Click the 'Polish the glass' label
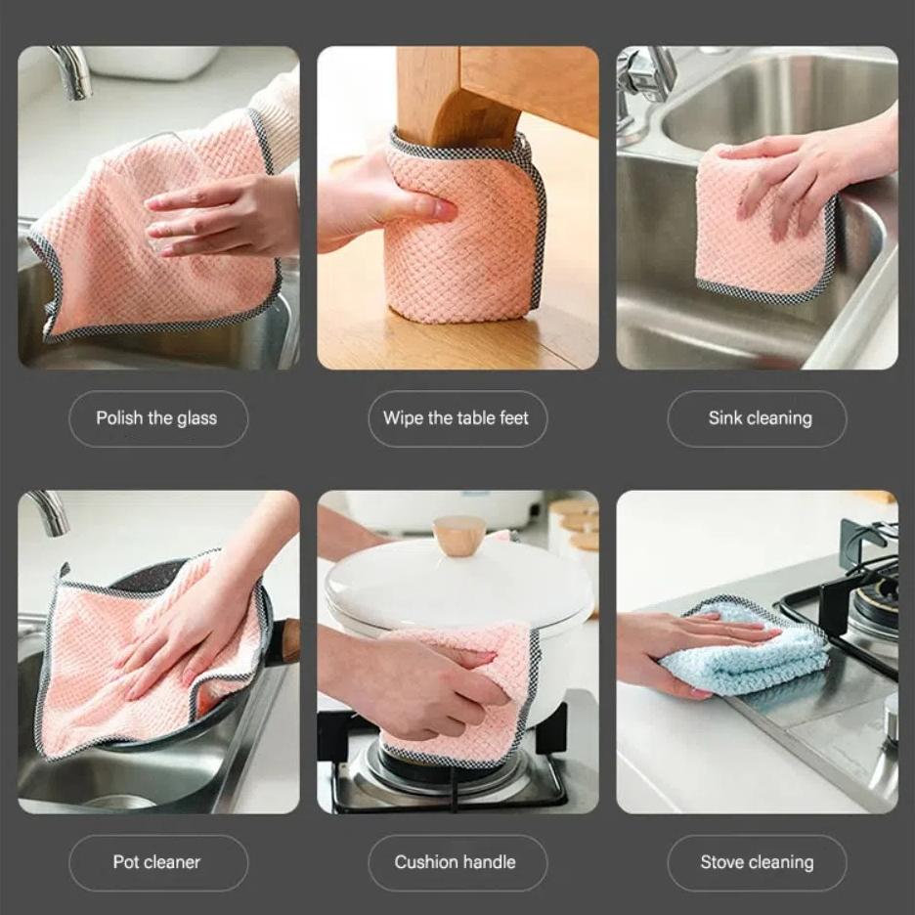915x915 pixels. click(157, 418)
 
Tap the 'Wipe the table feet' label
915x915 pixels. click(457, 418)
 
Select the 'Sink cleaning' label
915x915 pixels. click(759, 418)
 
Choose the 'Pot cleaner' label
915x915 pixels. click(157, 862)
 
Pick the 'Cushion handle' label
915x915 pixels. click(457, 862)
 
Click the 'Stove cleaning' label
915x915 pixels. click(757, 862)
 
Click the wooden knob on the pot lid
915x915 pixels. click(459, 535)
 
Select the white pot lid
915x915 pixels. click(459, 582)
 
